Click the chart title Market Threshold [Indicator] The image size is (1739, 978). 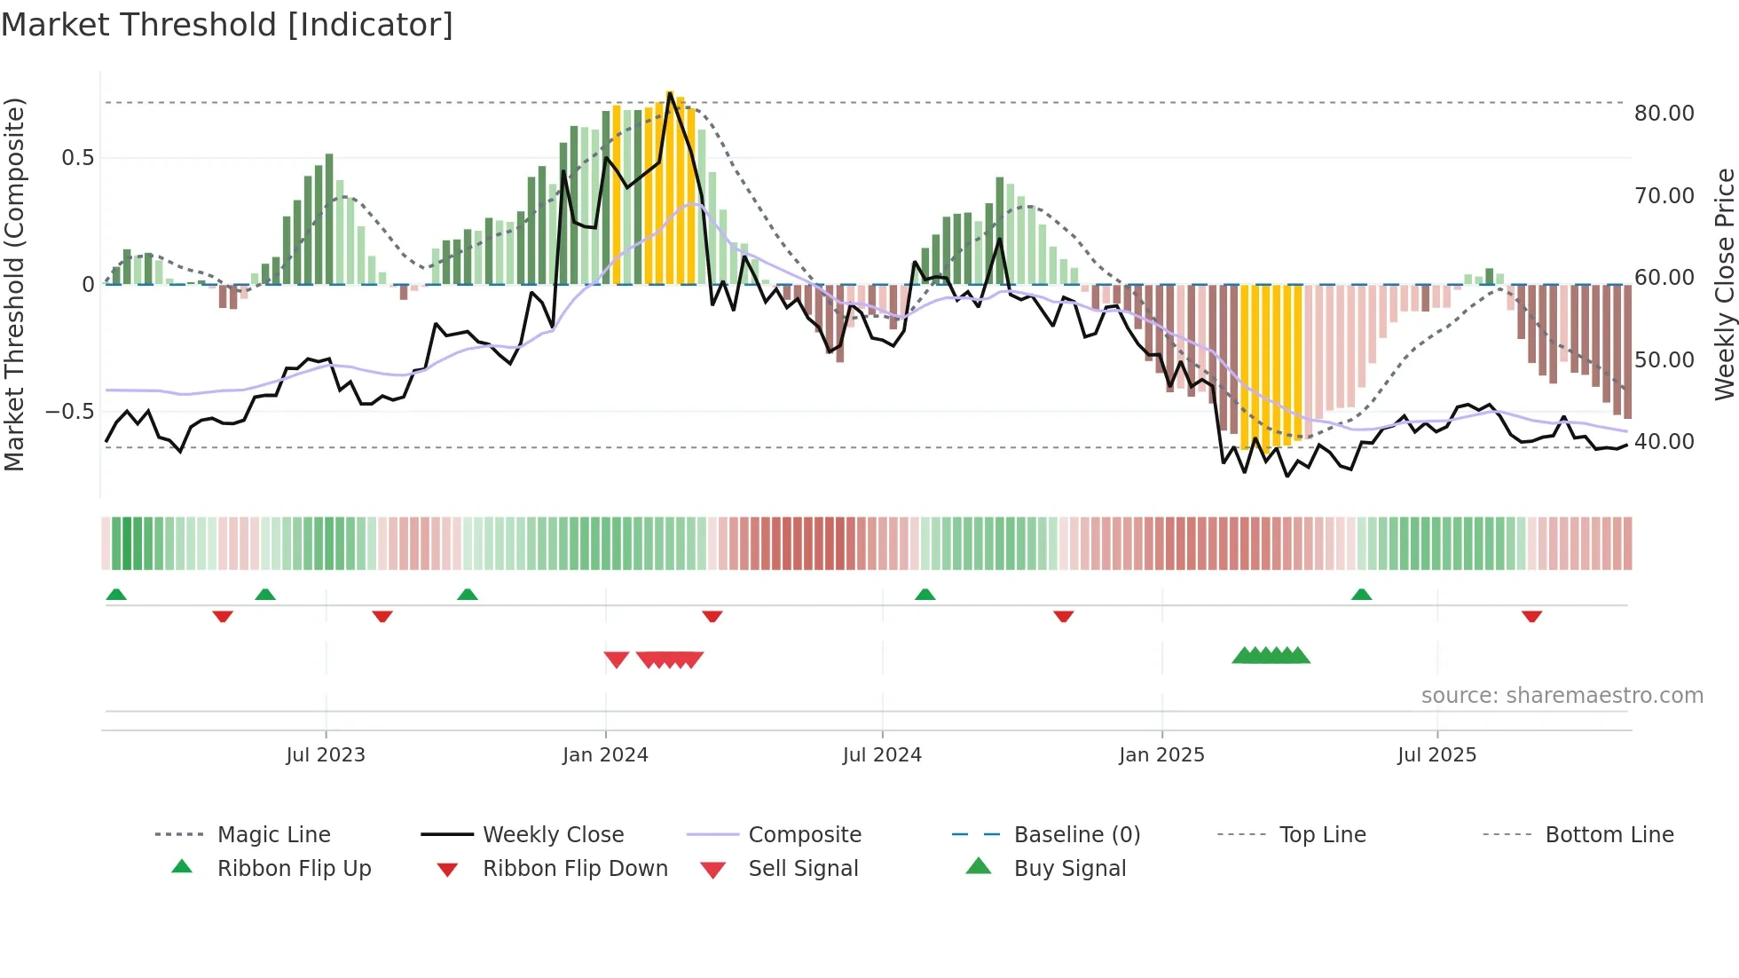[x=227, y=25]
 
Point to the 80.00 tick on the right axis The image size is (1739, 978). [x=1664, y=114]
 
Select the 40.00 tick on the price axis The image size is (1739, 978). [x=1664, y=442]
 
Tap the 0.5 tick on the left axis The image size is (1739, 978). [x=77, y=158]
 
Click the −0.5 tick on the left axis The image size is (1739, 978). [x=69, y=412]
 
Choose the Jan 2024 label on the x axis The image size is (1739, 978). [x=605, y=755]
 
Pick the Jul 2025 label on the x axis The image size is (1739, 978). [x=1436, y=755]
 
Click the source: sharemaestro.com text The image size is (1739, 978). [x=1562, y=696]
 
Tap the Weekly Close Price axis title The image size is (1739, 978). [x=1724, y=284]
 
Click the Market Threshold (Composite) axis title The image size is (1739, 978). [x=14, y=284]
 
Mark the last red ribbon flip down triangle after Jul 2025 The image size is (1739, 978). [x=1531, y=616]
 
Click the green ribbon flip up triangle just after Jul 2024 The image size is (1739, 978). [x=925, y=595]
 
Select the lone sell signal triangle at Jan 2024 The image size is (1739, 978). [x=616, y=659]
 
